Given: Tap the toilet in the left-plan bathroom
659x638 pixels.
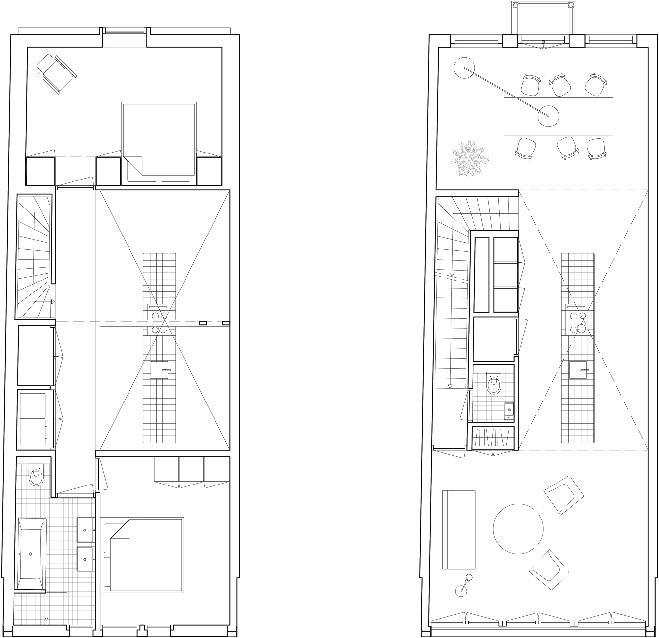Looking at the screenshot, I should coord(36,476).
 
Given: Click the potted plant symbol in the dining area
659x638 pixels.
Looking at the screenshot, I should coord(469,158).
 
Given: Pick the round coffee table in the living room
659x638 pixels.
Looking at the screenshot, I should coord(518,529).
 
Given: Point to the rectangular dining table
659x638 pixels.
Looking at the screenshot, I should coord(558,116).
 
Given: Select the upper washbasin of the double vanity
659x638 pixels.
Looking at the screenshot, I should coord(85,530).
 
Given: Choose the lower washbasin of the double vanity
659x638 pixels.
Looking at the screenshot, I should coord(85,559).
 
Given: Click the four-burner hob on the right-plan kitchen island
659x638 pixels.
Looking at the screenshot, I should coord(578,322).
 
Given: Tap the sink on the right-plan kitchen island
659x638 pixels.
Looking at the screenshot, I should coord(578,370).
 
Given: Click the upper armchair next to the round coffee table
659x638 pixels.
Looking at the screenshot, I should coord(563,495).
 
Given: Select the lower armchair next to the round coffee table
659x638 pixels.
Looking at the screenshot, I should coord(549,569).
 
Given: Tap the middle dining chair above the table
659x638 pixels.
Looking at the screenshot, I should coord(560,85).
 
